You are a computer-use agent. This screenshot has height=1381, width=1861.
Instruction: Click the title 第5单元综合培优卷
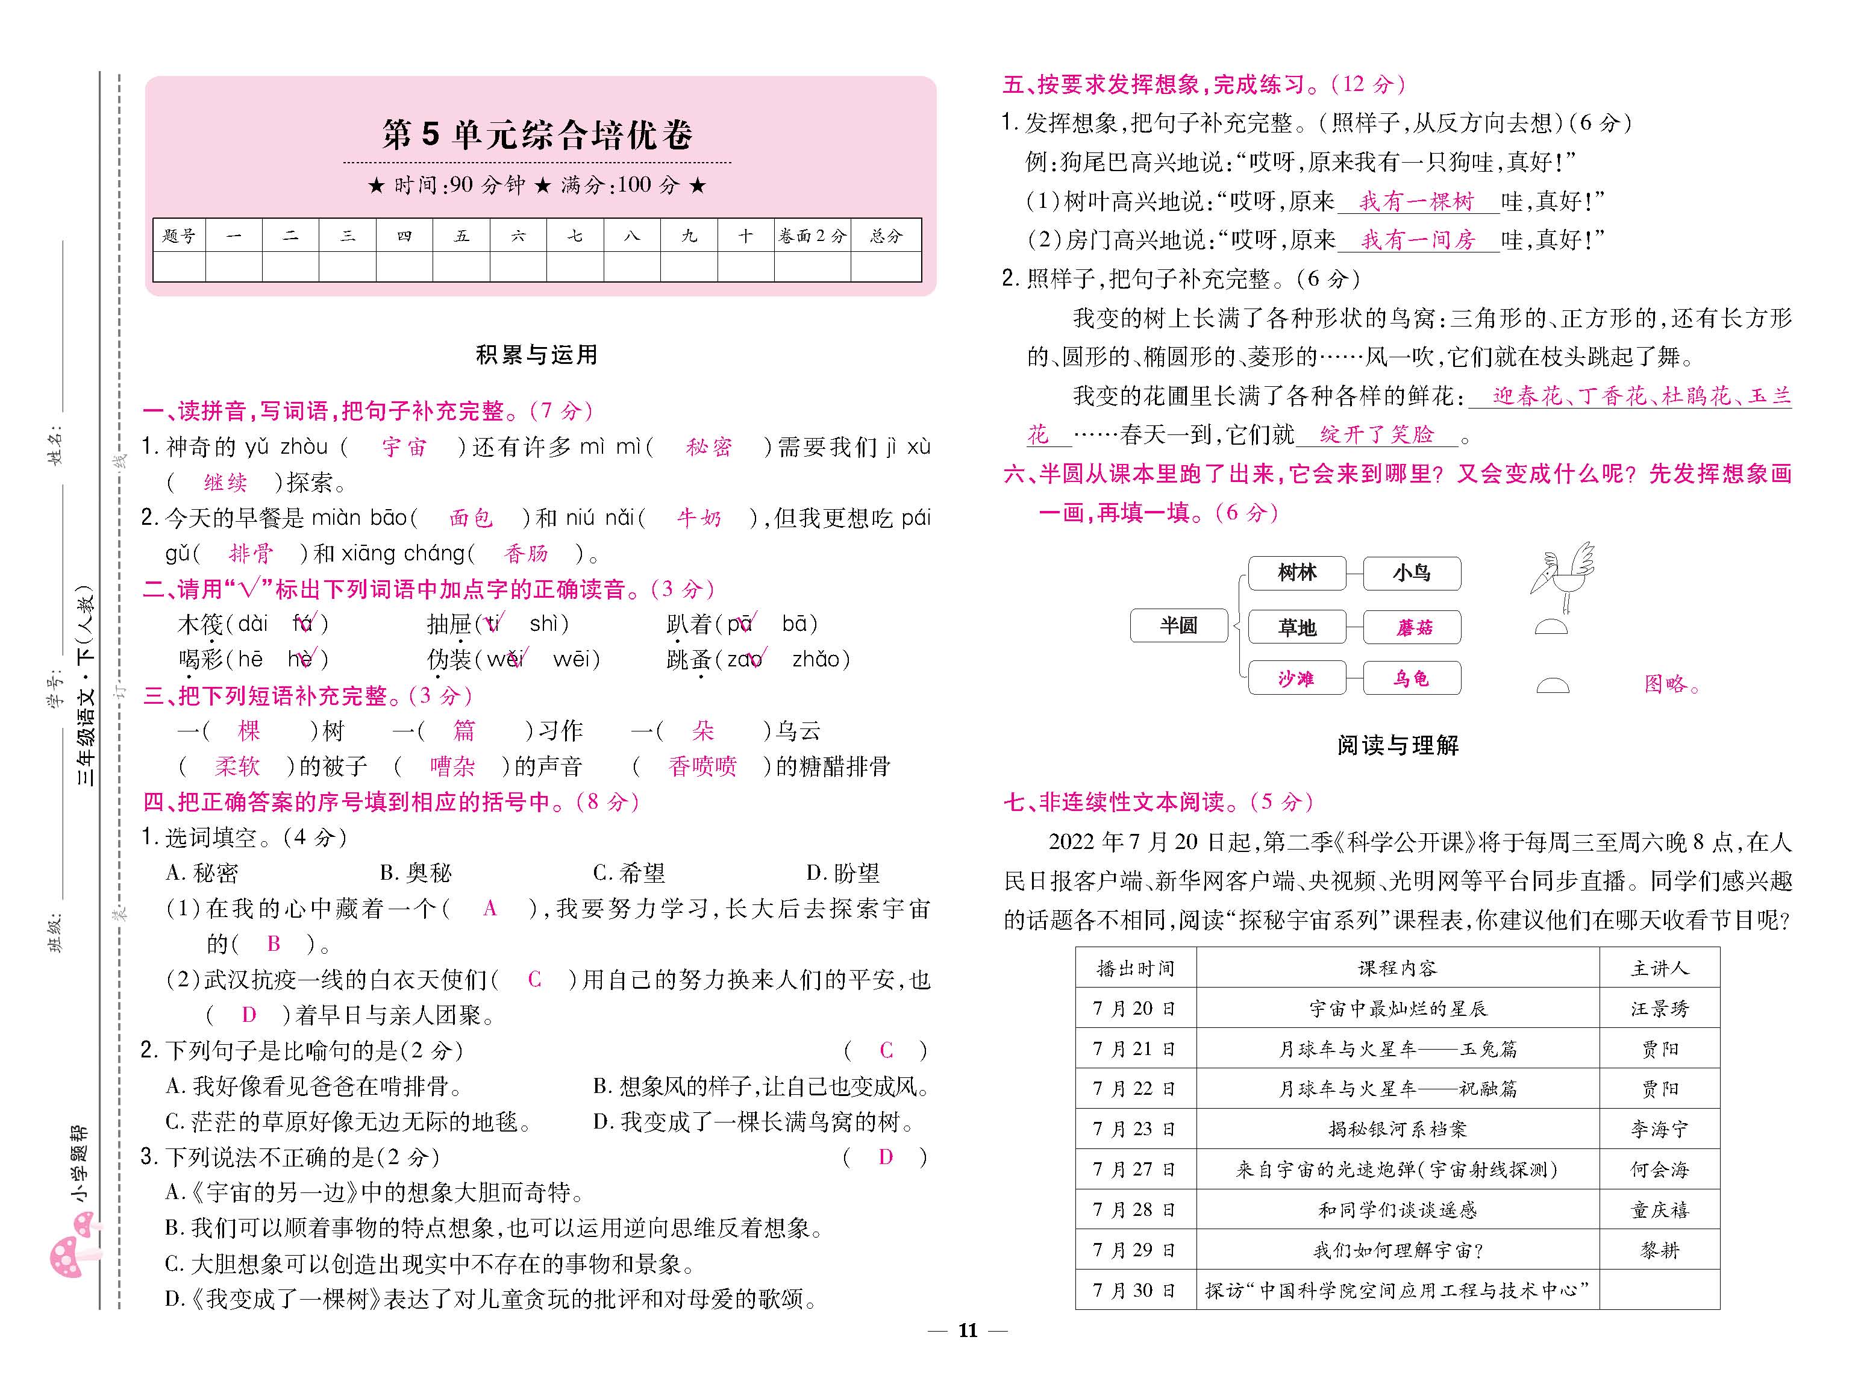click(x=537, y=134)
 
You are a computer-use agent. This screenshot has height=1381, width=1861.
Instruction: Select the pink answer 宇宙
click(x=404, y=447)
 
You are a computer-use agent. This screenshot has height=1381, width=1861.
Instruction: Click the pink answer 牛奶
click(x=699, y=518)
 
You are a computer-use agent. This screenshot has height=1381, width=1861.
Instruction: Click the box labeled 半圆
click(x=1178, y=625)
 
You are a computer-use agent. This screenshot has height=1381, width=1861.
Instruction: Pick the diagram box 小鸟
click(x=1412, y=574)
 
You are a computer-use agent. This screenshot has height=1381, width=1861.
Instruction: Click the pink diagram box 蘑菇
click(x=1412, y=627)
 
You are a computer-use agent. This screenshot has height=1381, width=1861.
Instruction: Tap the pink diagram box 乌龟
click(x=1412, y=678)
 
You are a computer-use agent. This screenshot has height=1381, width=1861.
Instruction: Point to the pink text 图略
click(x=1671, y=684)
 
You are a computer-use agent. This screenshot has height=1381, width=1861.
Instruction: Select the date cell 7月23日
click(x=1135, y=1129)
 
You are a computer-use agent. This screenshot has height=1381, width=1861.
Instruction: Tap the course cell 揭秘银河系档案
click(x=1397, y=1129)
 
